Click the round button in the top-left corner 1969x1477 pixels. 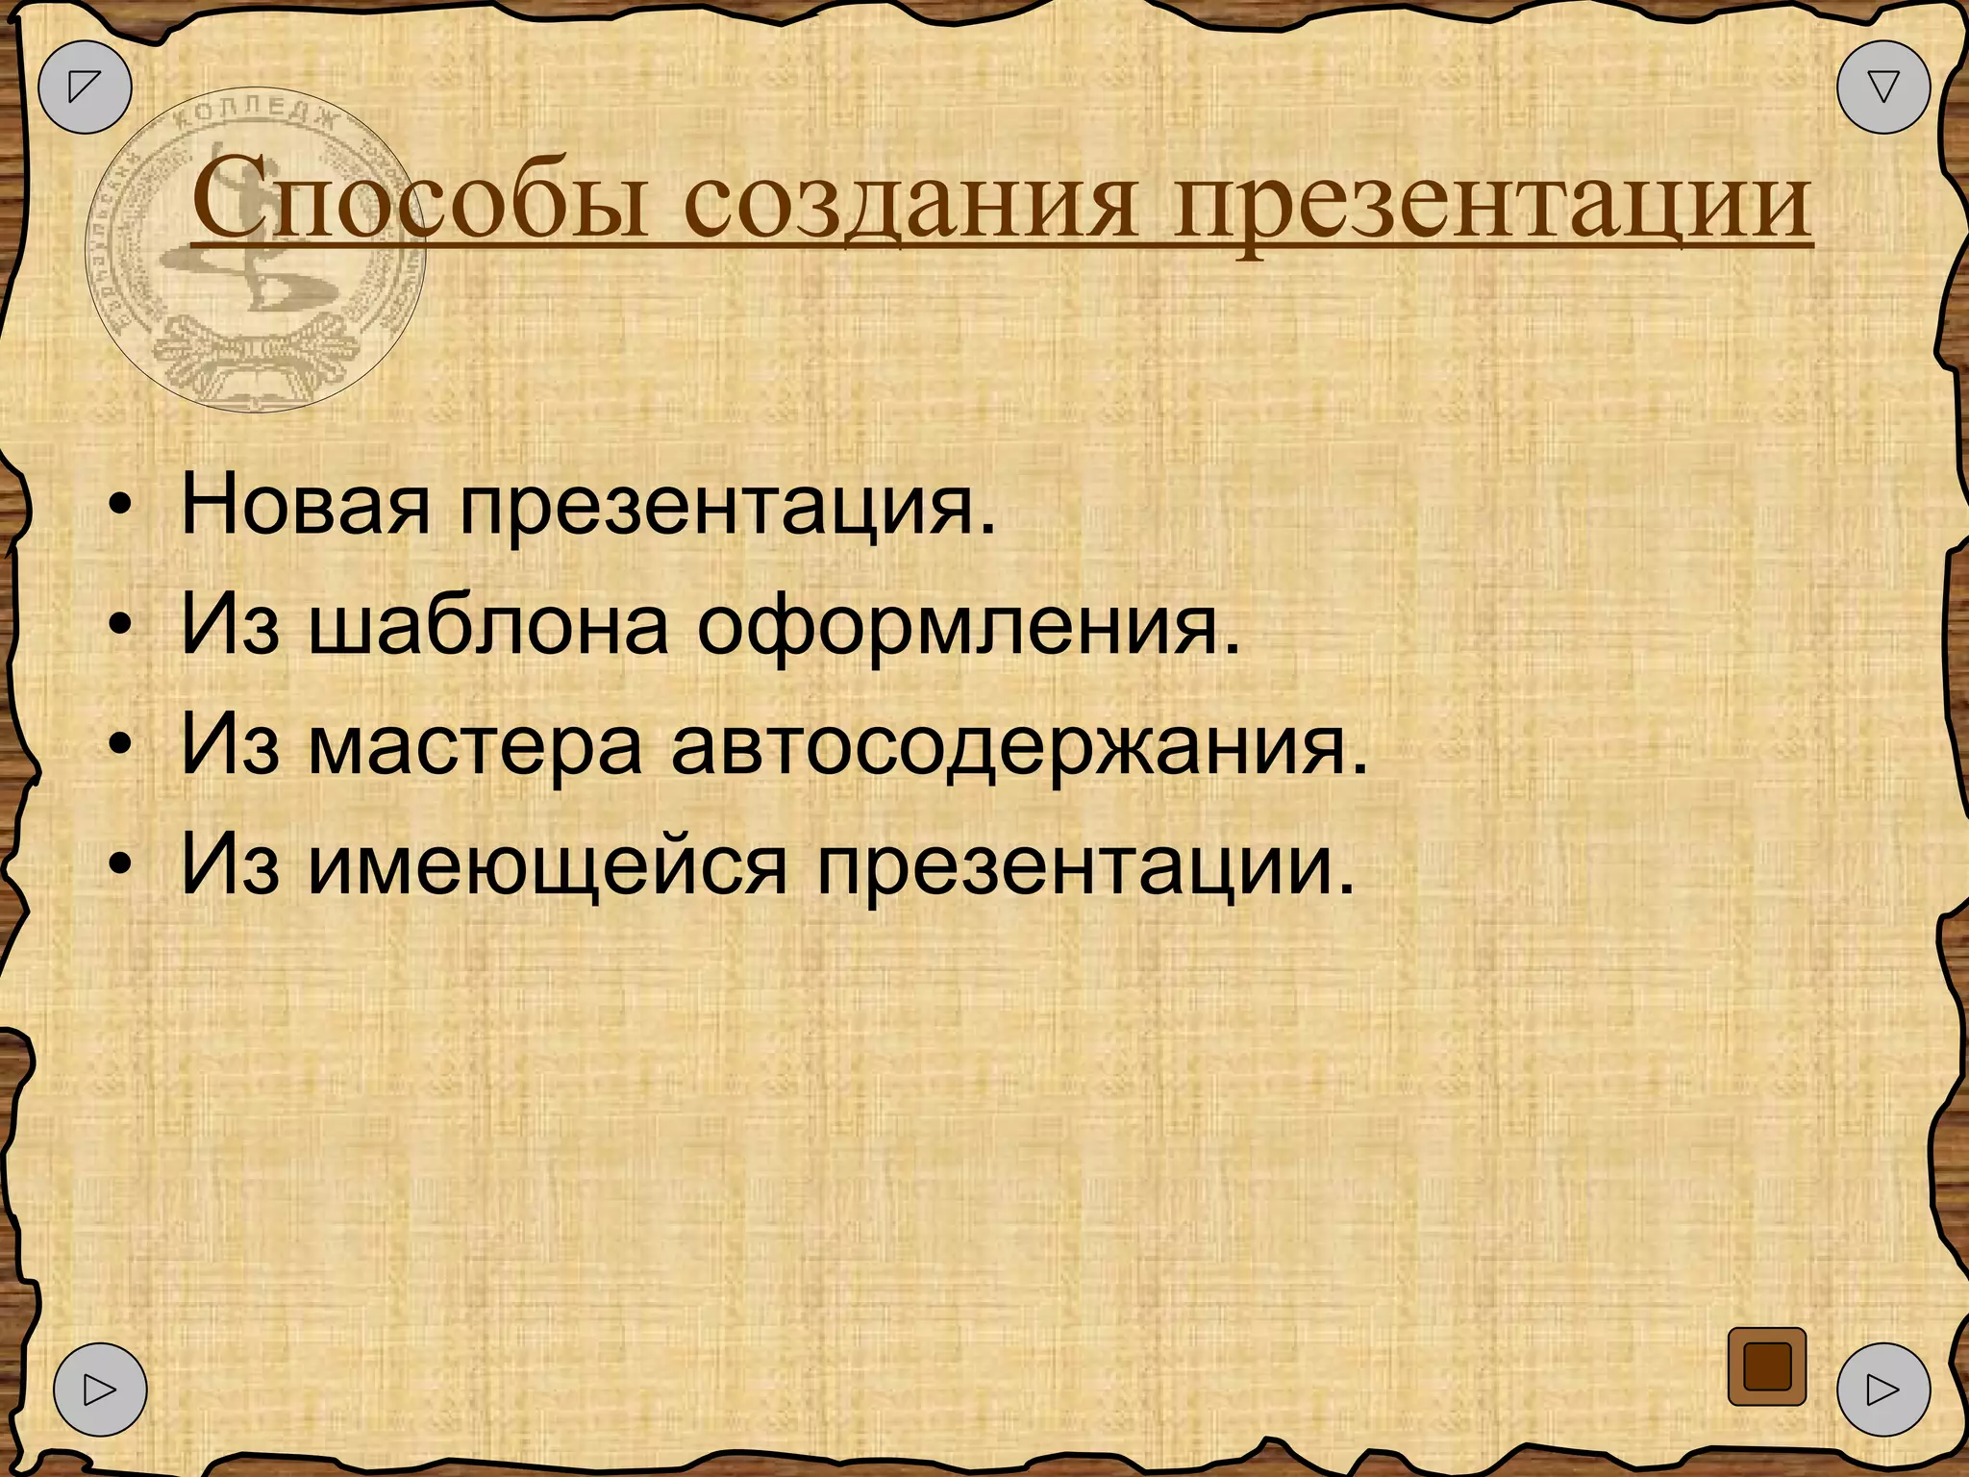[x=85, y=87]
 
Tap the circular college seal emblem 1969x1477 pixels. [x=255, y=255]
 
